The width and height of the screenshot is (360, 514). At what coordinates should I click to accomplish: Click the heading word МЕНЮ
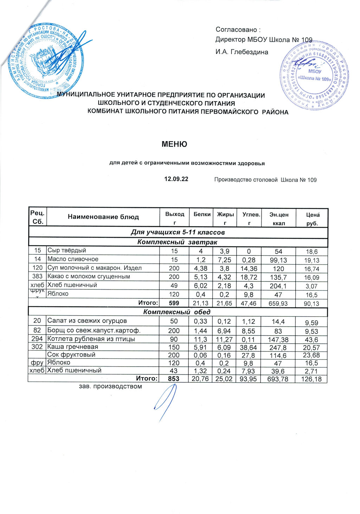tap(174, 144)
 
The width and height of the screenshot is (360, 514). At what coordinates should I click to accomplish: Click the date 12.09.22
tap(176, 179)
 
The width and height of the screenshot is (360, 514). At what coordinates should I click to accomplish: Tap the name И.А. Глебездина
tap(242, 52)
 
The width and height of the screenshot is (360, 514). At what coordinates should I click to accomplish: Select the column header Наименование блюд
tap(103, 217)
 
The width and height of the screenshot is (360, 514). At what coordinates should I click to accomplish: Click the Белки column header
tap(202, 214)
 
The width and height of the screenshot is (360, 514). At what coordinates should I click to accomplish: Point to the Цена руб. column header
tap(312, 218)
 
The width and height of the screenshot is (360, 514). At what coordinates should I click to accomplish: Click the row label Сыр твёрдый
tap(67, 250)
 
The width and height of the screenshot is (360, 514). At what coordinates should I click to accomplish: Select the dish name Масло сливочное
tap(73, 259)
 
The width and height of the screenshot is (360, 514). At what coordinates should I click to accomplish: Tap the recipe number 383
tap(37, 277)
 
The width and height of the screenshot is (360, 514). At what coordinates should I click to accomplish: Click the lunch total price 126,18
tap(311, 379)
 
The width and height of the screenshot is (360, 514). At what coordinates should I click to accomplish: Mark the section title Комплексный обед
tap(177, 312)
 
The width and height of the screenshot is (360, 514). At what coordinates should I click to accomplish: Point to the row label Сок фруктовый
tap(71, 355)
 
